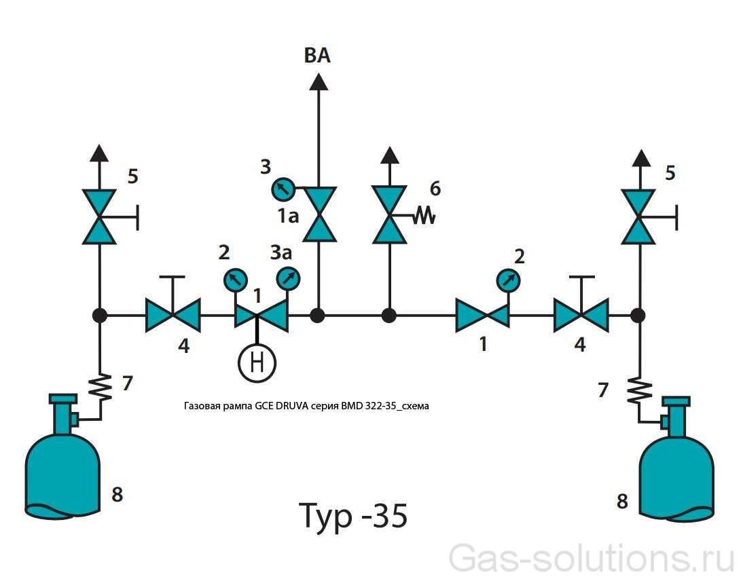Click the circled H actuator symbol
[x=257, y=362]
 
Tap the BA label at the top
[x=317, y=55]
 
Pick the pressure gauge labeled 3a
[x=288, y=278]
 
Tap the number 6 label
[x=435, y=189]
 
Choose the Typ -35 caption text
[x=353, y=516]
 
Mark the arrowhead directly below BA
[x=319, y=81]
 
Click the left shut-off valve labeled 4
[x=173, y=316]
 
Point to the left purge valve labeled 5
[x=100, y=216]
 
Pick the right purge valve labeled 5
[x=638, y=216]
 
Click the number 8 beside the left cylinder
[x=117, y=494]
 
